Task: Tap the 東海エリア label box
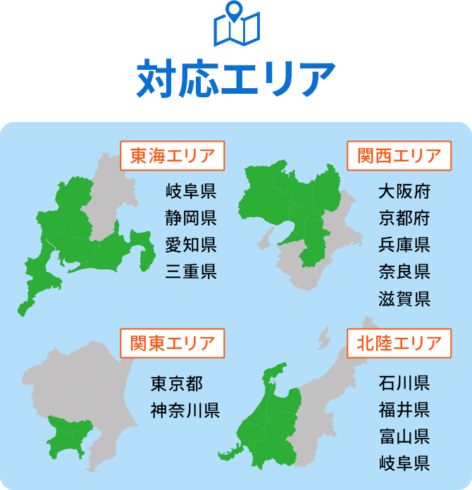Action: pos(173,155)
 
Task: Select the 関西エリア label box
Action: pos(399,155)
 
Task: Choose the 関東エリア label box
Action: pos(173,344)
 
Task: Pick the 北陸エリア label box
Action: pos(399,344)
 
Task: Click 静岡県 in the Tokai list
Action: pos(191,218)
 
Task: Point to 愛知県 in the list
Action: pos(191,245)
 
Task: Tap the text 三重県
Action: pos(191,271)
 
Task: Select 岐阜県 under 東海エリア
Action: pos(191,191)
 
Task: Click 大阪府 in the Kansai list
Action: pos(404,191)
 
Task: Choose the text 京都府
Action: pos(404,218)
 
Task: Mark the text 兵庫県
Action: pos(404,245)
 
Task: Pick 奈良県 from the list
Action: pos(404,271)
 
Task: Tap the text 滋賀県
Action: pos(404,298)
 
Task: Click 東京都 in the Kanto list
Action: pos(177,384)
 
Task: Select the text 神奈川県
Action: pos(185,410)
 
